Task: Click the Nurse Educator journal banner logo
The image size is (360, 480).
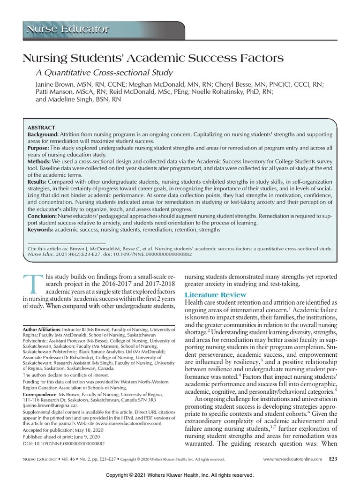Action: (x=68, y=30)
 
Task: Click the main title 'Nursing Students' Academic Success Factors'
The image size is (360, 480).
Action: (x=153, y=58)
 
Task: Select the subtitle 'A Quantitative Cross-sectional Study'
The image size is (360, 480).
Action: (x=105, y=73)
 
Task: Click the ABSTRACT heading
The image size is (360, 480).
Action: (x=41, y=127)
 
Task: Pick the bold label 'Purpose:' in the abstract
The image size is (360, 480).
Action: (x=39, y=148)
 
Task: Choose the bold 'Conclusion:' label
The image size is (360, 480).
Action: (x=42, y=216)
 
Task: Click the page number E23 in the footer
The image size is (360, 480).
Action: (x=332, y=459)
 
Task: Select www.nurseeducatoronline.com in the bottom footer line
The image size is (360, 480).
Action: (x=292, y=459)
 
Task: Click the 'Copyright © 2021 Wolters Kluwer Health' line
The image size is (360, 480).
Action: (x=180, y=475)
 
